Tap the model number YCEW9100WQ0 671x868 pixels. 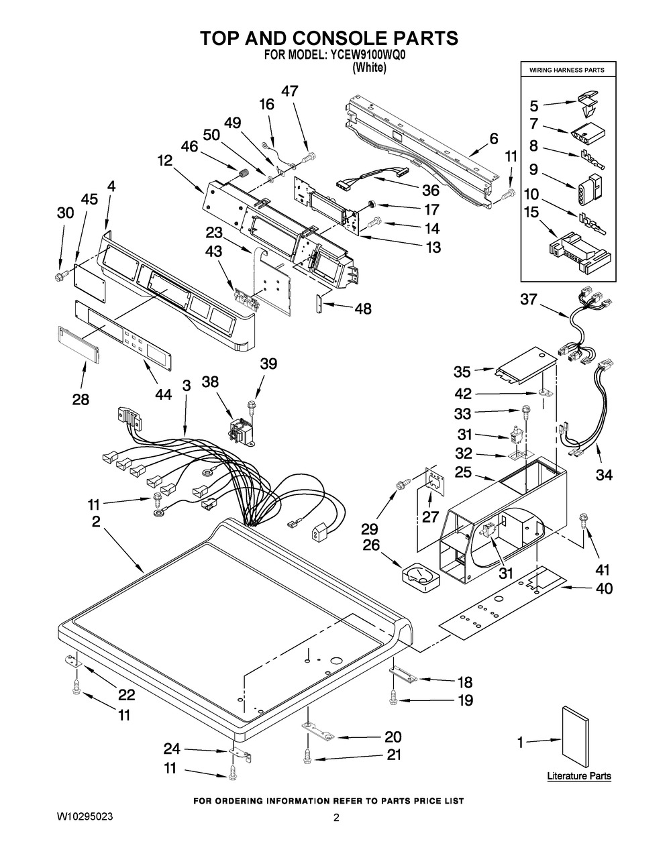tap(367, 55)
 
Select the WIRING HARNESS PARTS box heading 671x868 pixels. tap(567, 70)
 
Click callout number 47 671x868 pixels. tap(290, 91)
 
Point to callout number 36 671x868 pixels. tap(431, 190)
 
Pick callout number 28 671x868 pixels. tap(81, 399)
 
